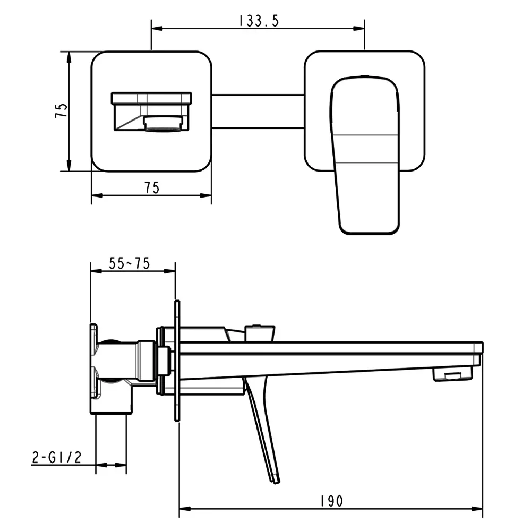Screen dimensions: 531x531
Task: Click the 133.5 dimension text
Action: [259, 21]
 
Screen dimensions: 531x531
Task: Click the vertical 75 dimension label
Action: [61, 111]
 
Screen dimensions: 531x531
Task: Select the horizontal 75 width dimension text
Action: [152, 187]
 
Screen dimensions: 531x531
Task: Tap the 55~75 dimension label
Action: [130, 263]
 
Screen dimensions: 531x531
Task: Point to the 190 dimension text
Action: [331, 501]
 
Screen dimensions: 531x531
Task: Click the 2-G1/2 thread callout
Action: [57, 458]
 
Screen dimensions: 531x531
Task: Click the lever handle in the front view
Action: [365, 155]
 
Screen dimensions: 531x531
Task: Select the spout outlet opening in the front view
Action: [164, 124]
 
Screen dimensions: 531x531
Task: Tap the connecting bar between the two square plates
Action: [258, 112]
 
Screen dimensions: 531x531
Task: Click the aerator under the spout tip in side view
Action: [452, 374]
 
